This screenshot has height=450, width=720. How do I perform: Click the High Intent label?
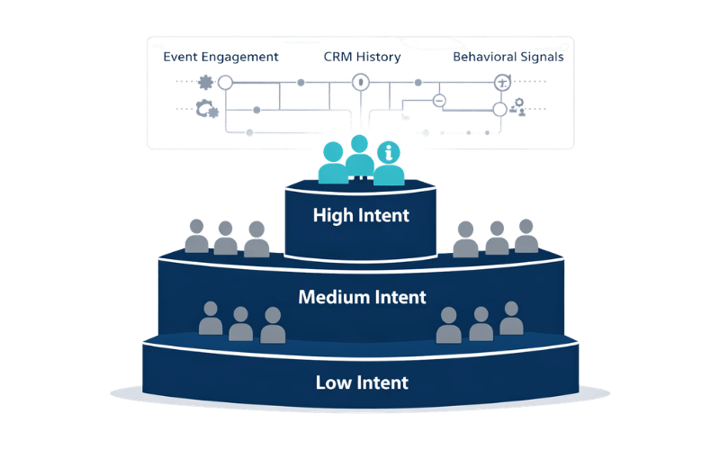click(361, 216)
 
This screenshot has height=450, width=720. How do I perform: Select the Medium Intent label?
click(362, 296)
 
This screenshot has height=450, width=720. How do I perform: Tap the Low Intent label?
click(362, 382)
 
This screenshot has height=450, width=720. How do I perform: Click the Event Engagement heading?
click(220, 57)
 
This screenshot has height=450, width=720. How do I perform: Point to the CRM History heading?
click(361, 57)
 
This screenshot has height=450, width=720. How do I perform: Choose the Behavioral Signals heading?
click(508, 57)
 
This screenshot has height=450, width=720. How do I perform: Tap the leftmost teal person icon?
click(332, 164)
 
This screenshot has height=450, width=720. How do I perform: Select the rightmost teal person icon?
click(389, 164)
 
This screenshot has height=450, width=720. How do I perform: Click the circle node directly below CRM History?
click(360, 83)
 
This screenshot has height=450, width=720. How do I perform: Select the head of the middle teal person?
click(360, 143)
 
